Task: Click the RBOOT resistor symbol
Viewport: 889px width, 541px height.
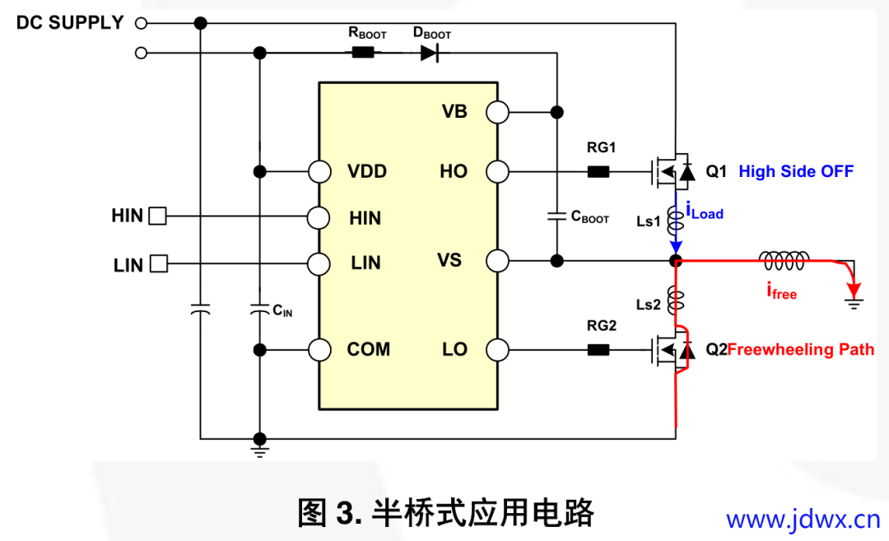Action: (363, 53)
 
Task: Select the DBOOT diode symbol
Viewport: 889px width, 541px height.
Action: (429, 53)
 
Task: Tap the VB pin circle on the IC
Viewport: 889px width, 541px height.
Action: (497, 112)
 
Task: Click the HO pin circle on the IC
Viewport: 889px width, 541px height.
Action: (497, 172)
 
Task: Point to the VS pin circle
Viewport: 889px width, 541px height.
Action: (497, 261)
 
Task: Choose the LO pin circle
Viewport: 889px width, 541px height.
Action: (497, 349)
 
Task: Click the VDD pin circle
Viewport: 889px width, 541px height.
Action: (319, 172)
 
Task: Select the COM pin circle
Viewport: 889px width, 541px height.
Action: (319, 349)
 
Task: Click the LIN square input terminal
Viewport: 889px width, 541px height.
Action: (158, 264)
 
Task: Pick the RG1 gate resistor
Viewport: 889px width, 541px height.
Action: (598, 172)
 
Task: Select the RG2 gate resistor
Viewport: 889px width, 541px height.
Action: (598, 349)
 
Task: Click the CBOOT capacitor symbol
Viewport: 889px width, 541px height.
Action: (557, 217)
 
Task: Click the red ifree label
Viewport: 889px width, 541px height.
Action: (781, 291)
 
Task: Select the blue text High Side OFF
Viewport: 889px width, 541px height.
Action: (795, 171)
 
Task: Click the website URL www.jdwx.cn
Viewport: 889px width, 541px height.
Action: (803, 520)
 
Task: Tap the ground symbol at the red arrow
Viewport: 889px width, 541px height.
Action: (856, 305)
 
